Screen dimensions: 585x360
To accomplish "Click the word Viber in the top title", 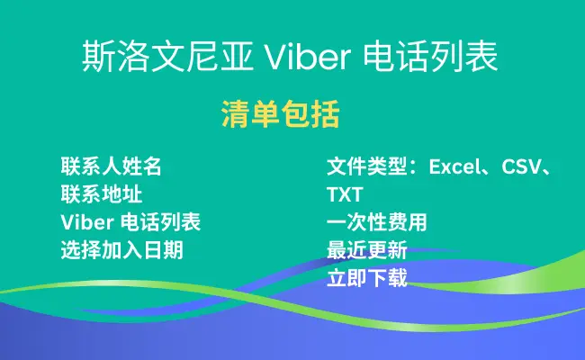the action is point(308,57).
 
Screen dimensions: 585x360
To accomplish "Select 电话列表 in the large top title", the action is point(431,57).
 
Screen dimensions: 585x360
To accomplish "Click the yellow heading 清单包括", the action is point(281,114).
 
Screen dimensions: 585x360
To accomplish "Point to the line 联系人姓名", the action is point(112,166).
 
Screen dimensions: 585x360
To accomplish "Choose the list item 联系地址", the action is point(102,194).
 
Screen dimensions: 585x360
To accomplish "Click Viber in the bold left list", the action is point(87,222).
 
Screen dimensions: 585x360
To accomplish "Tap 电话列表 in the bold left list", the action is point(161,222).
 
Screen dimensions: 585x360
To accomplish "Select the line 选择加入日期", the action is point(122,250).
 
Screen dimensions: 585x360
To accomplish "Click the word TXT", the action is point(345,194).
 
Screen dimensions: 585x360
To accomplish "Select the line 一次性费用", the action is point(377,222).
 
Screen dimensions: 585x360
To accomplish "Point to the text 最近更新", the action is point(366,250).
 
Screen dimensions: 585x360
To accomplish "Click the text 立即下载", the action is point(366,278).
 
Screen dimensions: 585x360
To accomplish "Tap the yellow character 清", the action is point(236,114).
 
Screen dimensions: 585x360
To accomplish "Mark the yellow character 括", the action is point(325,114).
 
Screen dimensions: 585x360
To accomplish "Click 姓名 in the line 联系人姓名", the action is point(141,166).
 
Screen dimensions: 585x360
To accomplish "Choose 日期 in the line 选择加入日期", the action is point(164,250).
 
